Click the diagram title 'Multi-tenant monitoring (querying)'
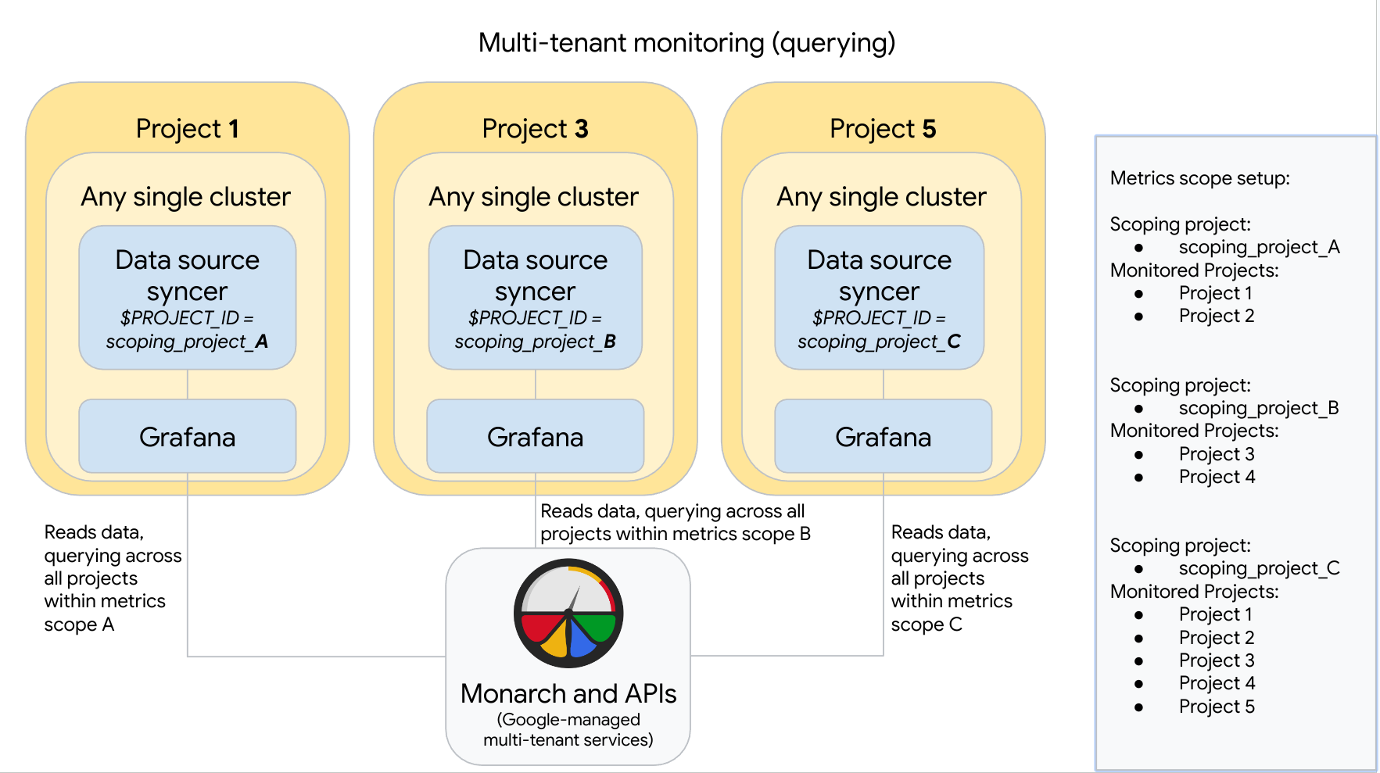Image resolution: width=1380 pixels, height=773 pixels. (686, 43)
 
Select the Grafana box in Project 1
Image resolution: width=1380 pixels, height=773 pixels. (188, 436)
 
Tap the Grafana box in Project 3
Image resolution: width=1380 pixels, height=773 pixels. (536, 436)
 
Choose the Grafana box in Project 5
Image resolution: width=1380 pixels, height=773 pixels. (884, 436)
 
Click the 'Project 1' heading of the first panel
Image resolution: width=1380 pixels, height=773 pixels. (188, 128)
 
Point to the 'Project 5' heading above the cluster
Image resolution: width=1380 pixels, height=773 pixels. (883, 128)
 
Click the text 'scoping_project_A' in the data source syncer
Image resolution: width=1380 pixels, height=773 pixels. (188, 342)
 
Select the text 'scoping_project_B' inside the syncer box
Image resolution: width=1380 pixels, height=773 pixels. (536, 342)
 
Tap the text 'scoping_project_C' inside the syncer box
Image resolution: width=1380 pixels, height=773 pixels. (880, 342)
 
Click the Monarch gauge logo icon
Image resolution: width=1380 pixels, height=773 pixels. (568, 613)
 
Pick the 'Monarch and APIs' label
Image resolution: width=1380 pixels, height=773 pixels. (568, 693)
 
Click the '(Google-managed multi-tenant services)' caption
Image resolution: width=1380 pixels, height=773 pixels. (568, 729)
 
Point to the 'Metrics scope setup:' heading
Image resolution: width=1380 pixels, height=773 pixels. (1199, 178)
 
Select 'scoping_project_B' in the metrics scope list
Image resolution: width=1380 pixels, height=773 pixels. (1259, 408)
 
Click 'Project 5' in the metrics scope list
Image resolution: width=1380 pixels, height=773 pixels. (1217, 707)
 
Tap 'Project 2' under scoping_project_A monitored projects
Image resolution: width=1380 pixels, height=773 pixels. (1217, 316)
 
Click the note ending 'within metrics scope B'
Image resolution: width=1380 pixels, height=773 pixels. (675, 522)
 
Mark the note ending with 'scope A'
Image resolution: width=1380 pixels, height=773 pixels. (113, 578)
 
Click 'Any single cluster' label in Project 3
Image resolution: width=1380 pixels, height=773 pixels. (534, 197)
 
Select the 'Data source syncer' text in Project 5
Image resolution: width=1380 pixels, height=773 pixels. (880, 275)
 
